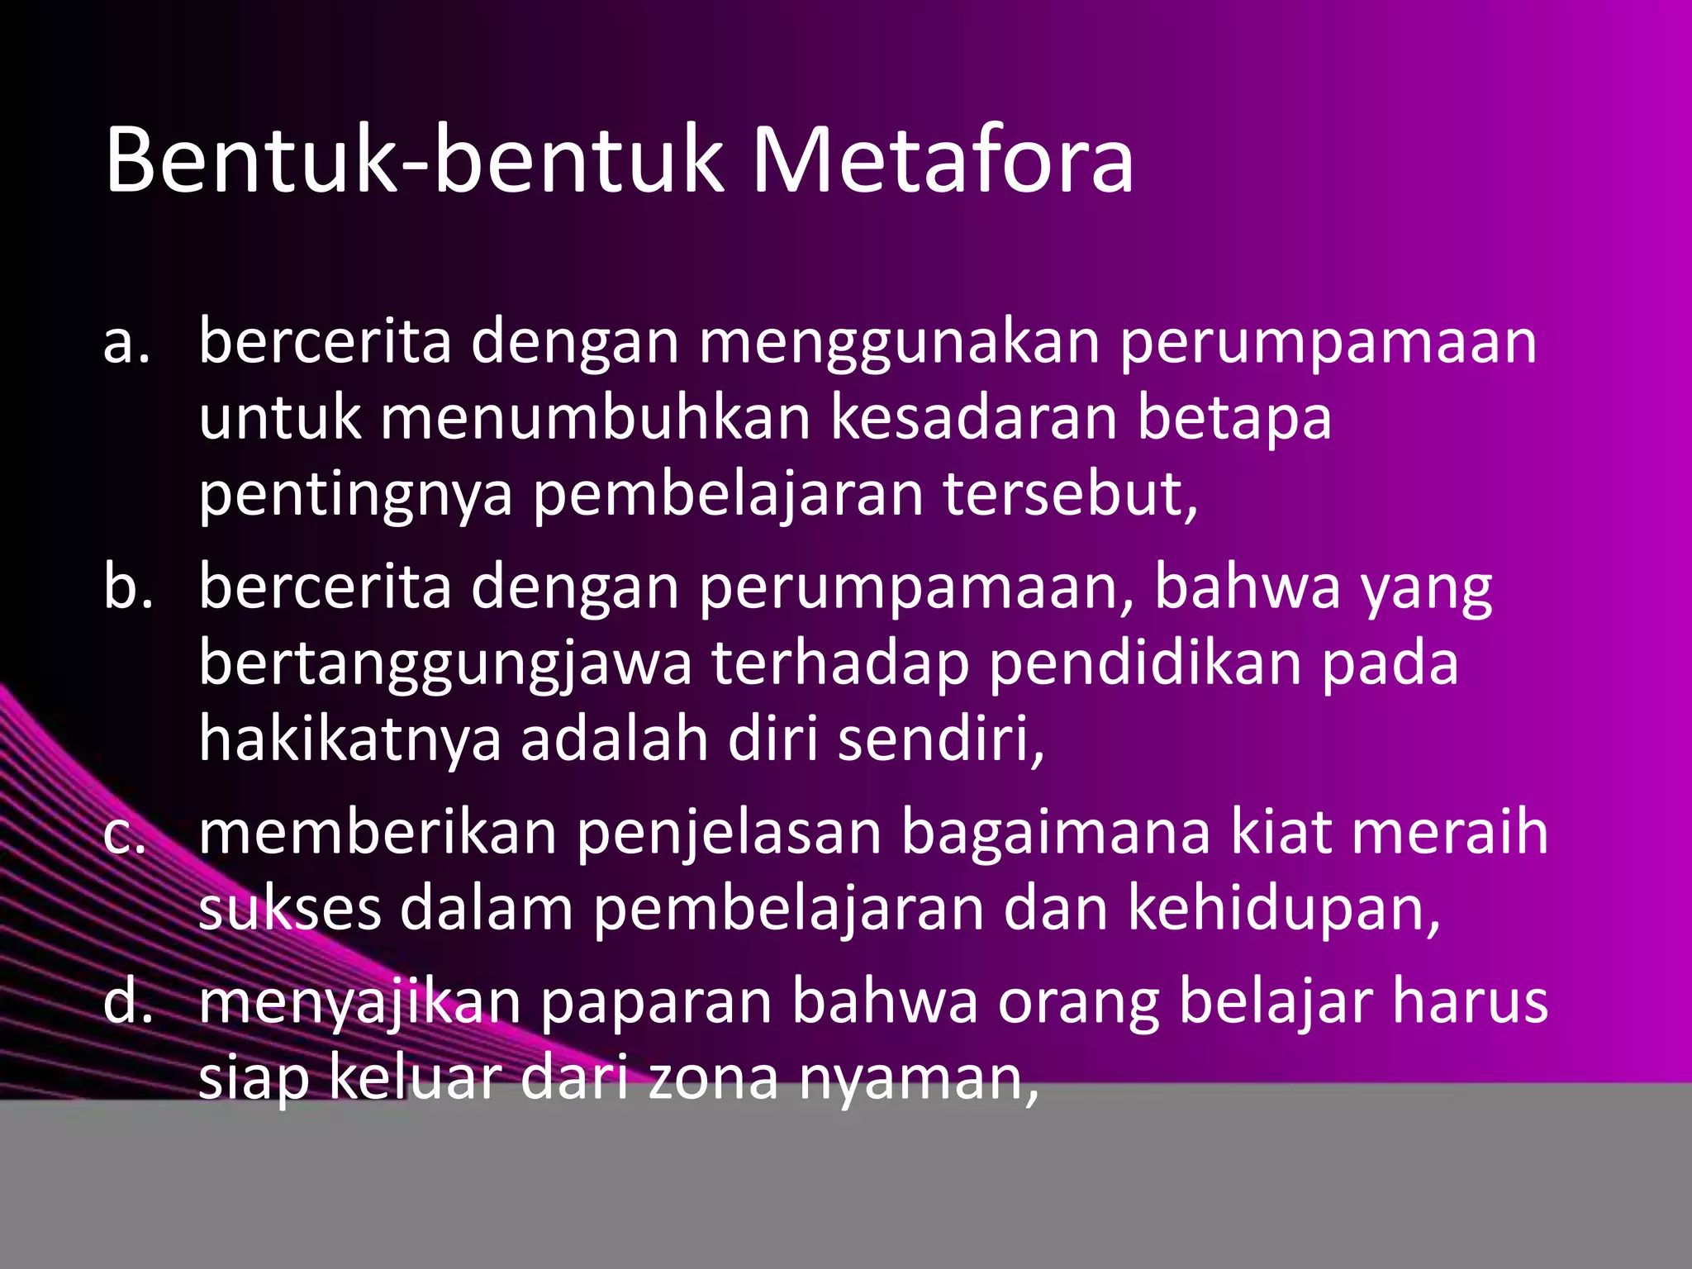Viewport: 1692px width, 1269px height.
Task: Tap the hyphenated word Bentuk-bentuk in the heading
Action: click(x=413, y=160)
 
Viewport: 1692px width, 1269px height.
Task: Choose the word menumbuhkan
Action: click(x=595, y=418)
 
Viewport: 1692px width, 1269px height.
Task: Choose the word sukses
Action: click(x=289, y=910)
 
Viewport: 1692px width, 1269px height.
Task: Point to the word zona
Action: click(x=713, y=1079)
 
